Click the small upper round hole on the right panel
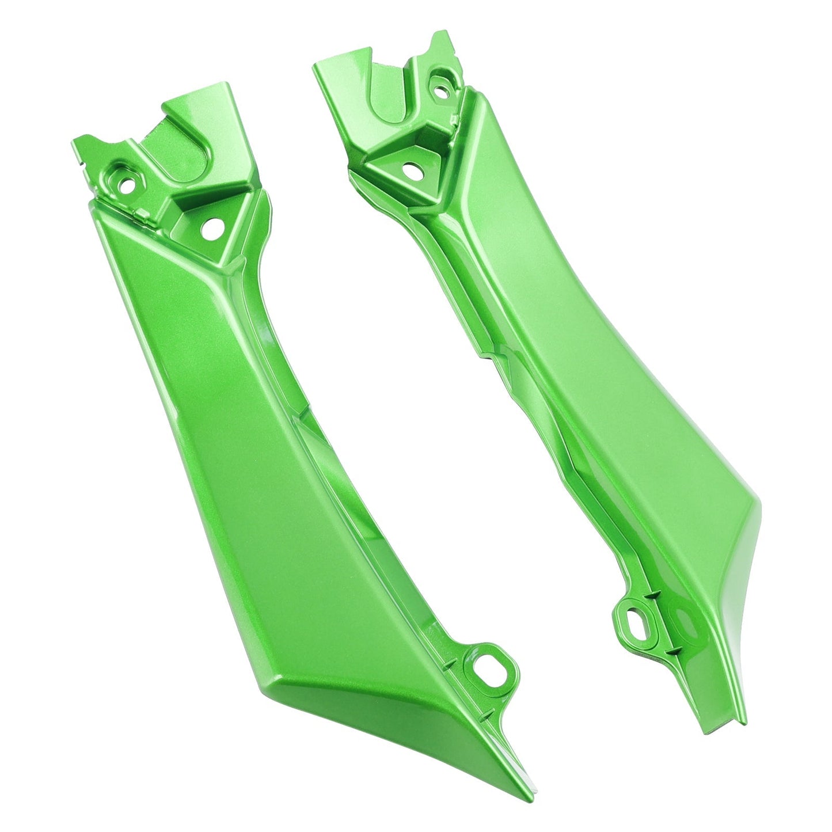click(x=442, y=90)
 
